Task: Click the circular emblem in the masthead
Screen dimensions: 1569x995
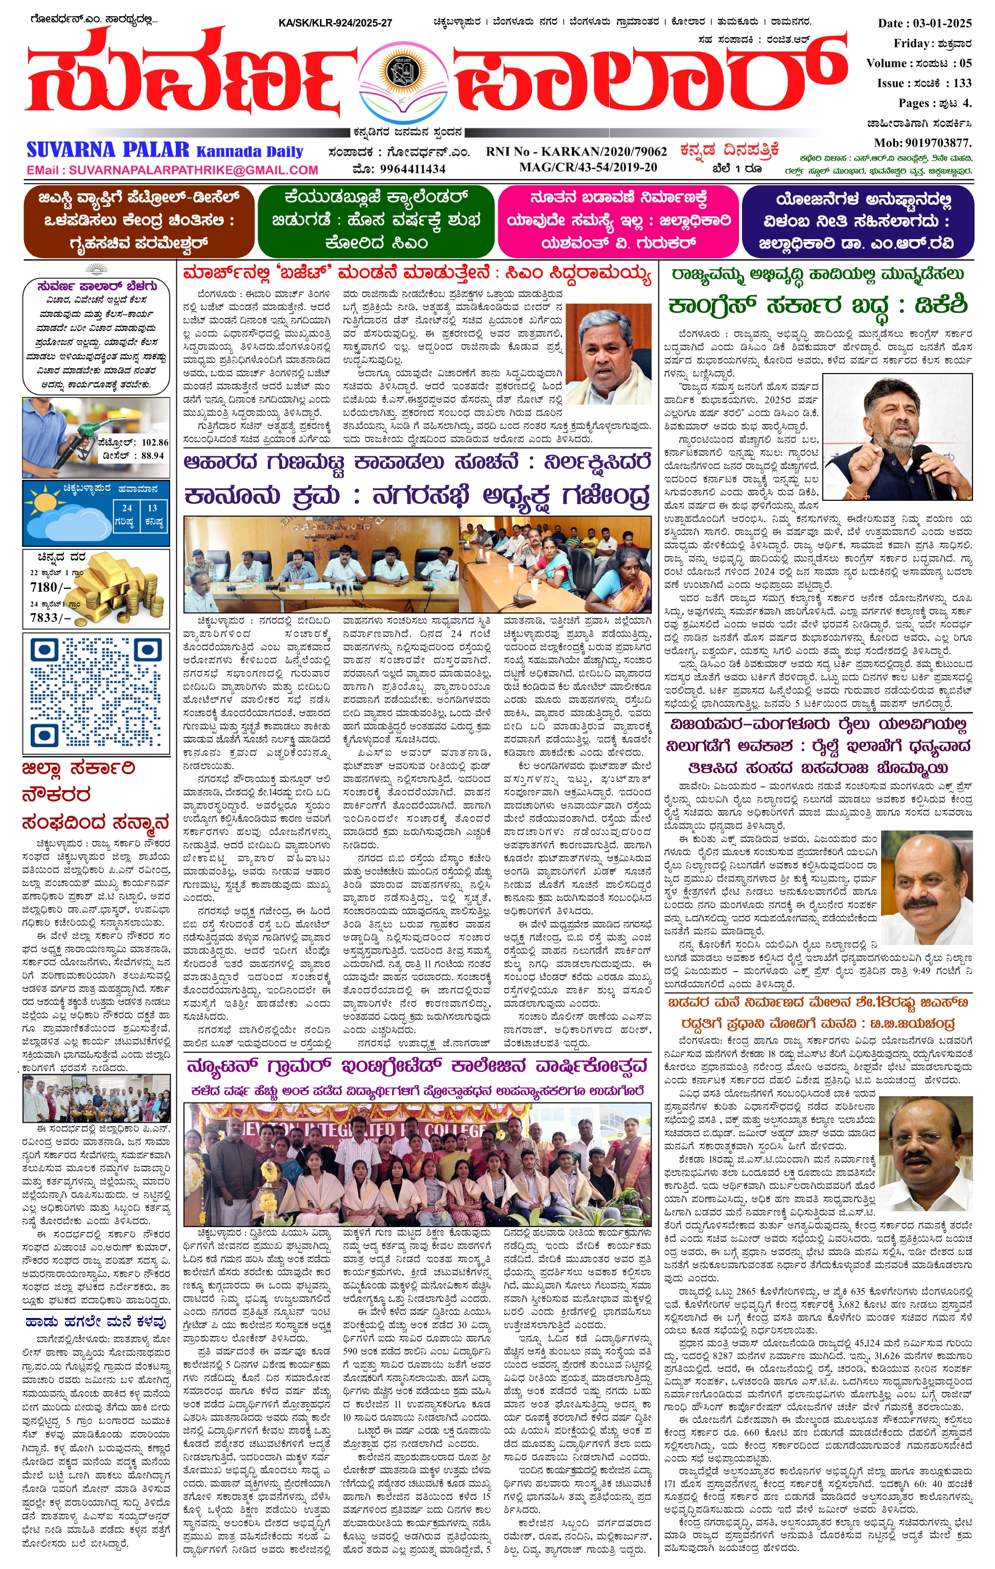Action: pos(397,72)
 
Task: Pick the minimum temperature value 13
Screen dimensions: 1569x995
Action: pos(152,508)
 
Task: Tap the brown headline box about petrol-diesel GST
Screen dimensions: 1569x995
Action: pos(137,220)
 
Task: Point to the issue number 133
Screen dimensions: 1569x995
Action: pos(962,83)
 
